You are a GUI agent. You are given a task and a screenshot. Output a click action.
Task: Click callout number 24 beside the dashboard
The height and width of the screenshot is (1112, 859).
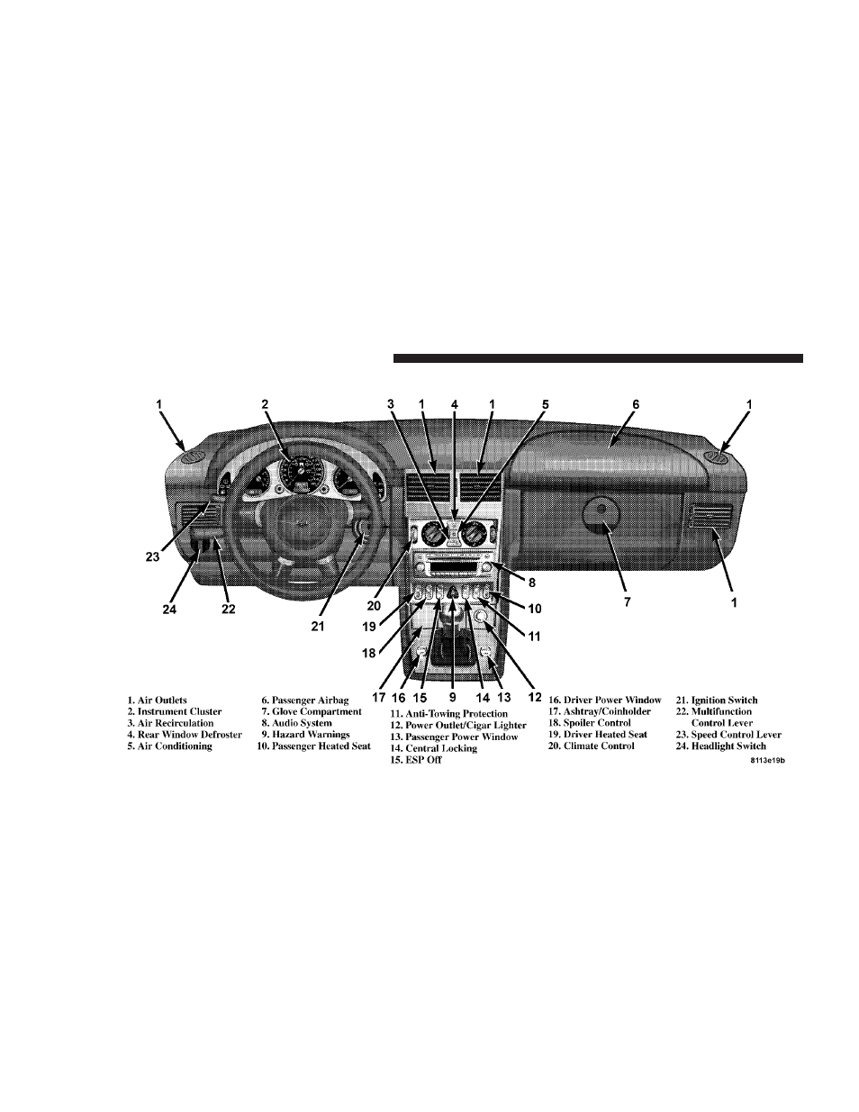pyautogui.click(x=169, y=609)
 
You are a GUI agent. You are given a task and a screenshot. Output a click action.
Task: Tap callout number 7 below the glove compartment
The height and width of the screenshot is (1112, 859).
pyautogui.click(x=628, y=601)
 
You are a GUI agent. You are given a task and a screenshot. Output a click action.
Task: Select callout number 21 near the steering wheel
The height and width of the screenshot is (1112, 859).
pyautogui.click(x=318, y=627)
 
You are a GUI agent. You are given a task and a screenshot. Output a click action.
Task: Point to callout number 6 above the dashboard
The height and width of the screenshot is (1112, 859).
pyautogui.click(x=636, y=404)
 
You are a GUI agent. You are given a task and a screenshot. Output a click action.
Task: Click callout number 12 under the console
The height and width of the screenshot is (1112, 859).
pyautogui.click(x=535, y=697)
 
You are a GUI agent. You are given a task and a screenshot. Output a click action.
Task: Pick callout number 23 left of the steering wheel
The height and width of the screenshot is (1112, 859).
pyautogui.click(x=152, y=556)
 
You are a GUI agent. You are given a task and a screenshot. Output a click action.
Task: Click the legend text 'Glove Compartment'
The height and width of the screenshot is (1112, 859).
pyautogui.click(x=317, y=711)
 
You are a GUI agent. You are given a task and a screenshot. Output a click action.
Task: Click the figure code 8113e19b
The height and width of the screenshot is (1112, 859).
pyautogui.click(x=768, y=761)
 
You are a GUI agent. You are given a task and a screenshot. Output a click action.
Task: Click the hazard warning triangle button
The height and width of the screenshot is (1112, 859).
pyautogui.click(x=453, y=593)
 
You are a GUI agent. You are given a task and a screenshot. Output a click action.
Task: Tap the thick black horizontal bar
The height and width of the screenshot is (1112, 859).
pyautogui.click(x=598, y=358)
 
